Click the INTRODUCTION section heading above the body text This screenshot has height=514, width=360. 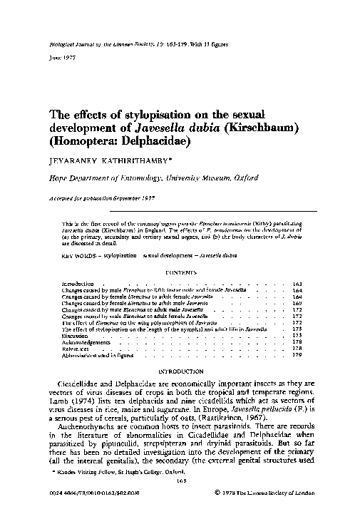click(x=181, y=371)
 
